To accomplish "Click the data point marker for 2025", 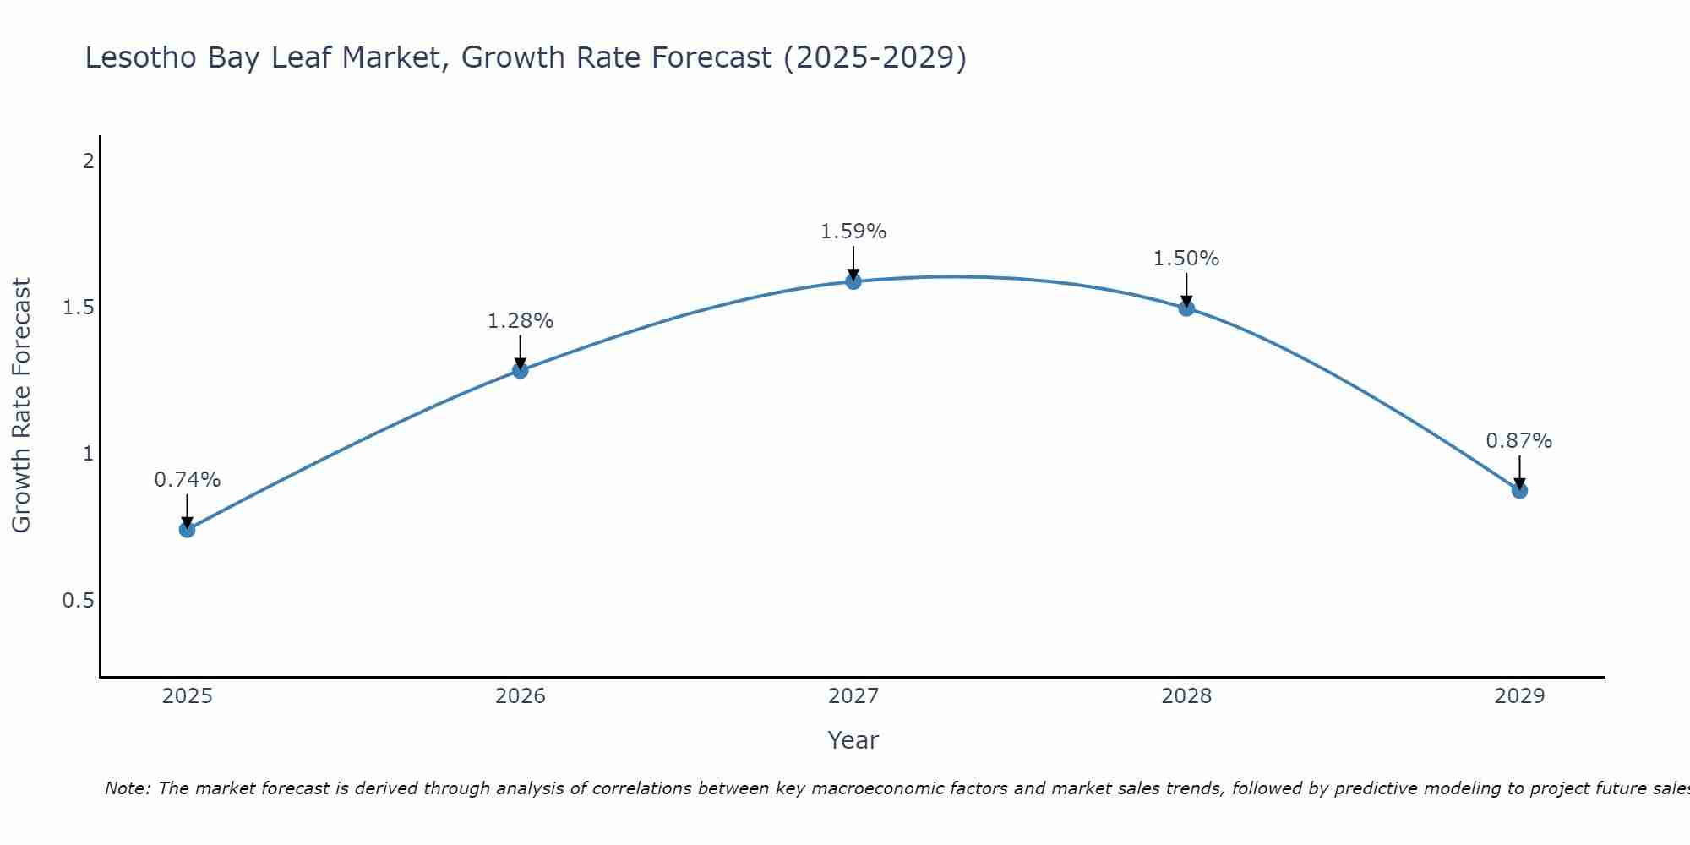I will (x=187, y=530).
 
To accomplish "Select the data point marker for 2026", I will (x=521, y=370).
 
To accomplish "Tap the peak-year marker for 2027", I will (x=853, y=281).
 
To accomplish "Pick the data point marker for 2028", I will (x=1186, y=308).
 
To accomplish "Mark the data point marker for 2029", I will (x=1519, y=491).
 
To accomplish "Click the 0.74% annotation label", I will (x=187, y=480).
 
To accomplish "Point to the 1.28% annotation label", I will (x=521, y=321).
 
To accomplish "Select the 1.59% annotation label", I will (x=853, y=232).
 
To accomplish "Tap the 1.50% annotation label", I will (x=1186, y=259).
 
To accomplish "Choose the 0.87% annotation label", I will (x=1519, y=441).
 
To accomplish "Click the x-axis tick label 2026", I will (x=521, y=696).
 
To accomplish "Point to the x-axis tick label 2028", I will (x=1186, y=696).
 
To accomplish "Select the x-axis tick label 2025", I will (x=187, y=696).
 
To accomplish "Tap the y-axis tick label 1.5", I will (x=78, y=308).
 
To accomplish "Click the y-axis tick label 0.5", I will (x=78, y=601).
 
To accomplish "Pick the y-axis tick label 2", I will (x=88, y=161).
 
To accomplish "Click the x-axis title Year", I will (x=853, y=740).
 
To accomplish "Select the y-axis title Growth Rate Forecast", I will (x=21, y=406).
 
